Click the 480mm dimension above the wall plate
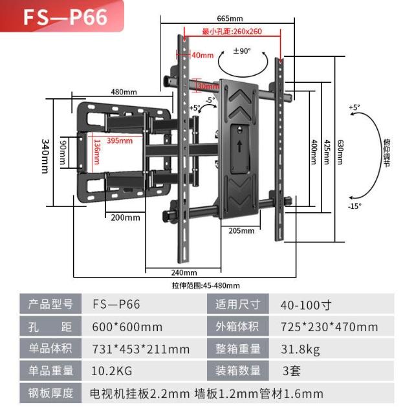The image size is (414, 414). coord(123,93)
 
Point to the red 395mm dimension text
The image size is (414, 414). coord(119,140)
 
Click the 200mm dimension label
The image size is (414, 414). coord(125,217)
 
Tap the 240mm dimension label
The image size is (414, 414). coord(184,272)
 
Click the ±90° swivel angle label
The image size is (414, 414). coord(242,50)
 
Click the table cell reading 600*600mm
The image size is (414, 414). coord(127,327)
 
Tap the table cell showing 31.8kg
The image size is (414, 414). coord(300,349)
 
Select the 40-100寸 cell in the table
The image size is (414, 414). coord(306,305)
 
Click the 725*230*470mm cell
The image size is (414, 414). coord(329,327)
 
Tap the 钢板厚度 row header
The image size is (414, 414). coord(50,393)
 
